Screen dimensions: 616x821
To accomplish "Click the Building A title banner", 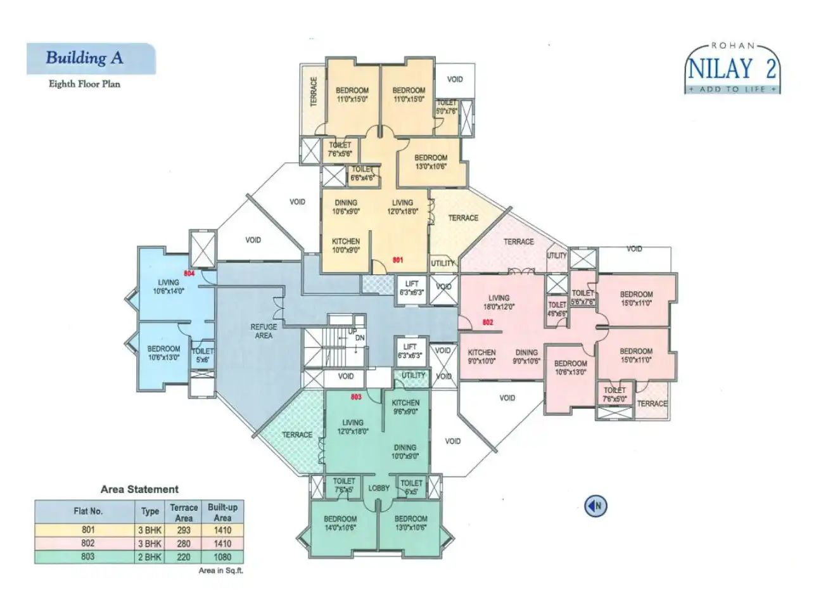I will tap(91, 58).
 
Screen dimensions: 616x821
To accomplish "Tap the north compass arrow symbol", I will tap(595, 506).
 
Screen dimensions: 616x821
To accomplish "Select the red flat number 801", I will tap(398, 260).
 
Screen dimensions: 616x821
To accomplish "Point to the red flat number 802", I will tap(488, 323).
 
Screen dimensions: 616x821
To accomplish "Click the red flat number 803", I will tap(356, 397).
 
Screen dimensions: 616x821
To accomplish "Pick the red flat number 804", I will tap(189, 273).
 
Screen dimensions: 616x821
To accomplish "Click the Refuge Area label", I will tap(264, 331).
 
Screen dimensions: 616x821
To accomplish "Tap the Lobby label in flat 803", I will tap(379, 488).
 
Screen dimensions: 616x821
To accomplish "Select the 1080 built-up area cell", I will tap(222, 557).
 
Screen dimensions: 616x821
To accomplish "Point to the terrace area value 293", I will tap(184, 530).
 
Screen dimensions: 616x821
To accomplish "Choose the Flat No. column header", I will tap(88, 511).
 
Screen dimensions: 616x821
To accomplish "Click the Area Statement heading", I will tap(139, 489).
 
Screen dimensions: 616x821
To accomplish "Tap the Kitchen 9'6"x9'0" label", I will tap(405, 407).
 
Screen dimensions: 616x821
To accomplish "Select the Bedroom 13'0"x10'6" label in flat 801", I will tap(431, 162).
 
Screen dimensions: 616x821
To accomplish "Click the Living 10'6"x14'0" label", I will tap(169, 287).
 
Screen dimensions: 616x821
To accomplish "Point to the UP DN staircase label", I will tap(356, 335).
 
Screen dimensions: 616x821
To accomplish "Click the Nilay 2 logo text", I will tap(732, 68).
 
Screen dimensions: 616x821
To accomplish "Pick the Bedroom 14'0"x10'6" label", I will tap(340, 523).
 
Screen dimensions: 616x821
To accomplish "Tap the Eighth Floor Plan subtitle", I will tap(84, 84).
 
